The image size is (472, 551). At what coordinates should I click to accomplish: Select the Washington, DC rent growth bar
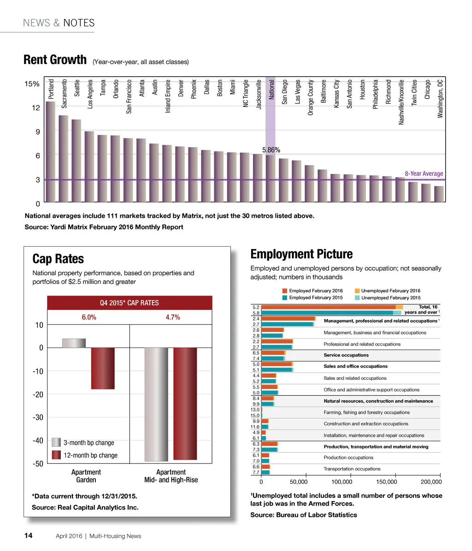(x=439, y=194)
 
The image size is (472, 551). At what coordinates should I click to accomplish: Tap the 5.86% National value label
(x=271, y=150)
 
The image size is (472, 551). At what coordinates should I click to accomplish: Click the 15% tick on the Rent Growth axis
(x=32, y=84)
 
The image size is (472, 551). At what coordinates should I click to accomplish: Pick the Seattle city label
(x=77, y=88)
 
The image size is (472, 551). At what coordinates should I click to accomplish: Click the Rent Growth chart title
(x=55, y=60)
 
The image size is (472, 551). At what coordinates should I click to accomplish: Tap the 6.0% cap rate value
(x=89, y=317)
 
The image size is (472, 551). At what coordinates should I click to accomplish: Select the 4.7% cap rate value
(x=173, y=317)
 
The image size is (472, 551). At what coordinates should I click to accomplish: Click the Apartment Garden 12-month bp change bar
(x=103, y=368)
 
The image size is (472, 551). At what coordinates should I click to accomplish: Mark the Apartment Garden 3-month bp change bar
(x=74, y=343)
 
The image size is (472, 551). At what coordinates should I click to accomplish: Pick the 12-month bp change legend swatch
(x=56, y=455)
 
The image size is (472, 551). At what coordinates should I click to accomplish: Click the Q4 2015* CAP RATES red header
(x=130, y=303)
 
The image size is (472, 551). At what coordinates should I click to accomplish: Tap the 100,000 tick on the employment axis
(x=342, y=482)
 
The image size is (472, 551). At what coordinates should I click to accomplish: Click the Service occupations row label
(x=346, y=355)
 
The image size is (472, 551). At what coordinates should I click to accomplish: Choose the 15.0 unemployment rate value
(x=255, y=415)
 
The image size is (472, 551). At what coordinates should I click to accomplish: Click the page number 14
(x=28, y=535)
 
